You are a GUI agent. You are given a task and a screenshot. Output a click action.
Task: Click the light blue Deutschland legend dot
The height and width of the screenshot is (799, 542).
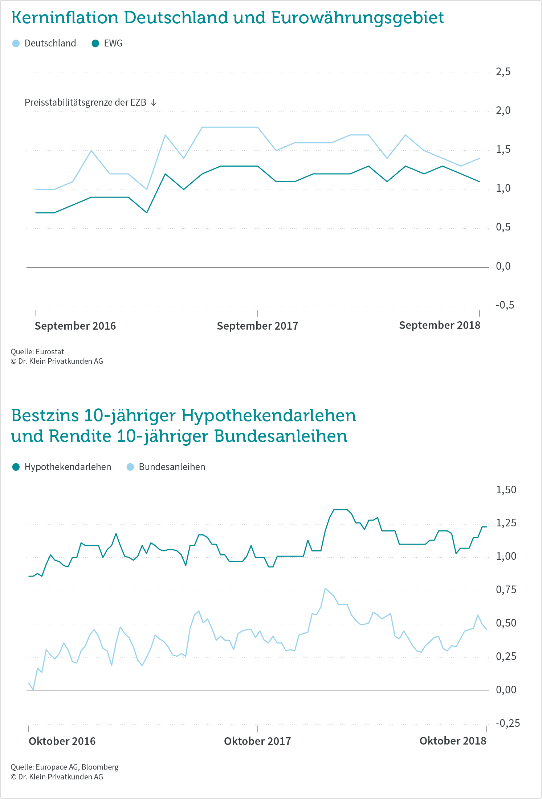(x=16, y=44)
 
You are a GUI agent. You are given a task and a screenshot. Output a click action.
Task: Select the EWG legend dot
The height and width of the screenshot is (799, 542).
(x=95, y=44)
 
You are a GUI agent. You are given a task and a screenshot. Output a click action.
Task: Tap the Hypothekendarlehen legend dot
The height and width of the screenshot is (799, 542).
(x=16, y=467)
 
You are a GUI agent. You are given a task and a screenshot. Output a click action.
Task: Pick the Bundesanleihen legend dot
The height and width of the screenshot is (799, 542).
(x=130, y=467)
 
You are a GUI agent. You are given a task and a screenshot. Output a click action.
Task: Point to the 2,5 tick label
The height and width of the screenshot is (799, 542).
(x=503, y=72)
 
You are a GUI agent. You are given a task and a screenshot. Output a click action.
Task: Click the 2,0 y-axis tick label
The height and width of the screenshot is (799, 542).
(x=503, y=110)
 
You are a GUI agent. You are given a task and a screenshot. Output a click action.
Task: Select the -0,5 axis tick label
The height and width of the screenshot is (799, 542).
(x=505, y=305)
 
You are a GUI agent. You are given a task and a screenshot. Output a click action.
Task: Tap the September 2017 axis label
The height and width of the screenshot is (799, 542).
(x=257, y=326)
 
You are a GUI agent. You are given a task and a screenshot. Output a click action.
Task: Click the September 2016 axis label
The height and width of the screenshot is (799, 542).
(x=75, y=326)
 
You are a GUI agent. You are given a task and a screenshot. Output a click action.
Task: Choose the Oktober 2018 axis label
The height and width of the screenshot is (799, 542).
(x=453, y=741)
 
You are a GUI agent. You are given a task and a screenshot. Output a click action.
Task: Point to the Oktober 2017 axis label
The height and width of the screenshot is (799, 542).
(x=257, y=741)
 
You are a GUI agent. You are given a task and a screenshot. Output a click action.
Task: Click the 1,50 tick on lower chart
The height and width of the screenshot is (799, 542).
(x=506, y=490)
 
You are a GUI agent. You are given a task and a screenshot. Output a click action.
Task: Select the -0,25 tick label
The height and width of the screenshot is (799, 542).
(x=508, y=723)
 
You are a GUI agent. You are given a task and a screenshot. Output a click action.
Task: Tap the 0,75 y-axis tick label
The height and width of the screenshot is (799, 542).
(x=506, y=590)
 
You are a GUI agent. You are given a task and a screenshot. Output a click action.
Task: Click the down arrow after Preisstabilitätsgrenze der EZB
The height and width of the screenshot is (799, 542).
(x=154, y=103)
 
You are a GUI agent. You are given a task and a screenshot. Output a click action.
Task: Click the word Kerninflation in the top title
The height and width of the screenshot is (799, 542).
(x=65, y=18)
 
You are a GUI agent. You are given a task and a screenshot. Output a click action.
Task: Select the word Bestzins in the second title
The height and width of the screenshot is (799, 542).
(x=45, y=415)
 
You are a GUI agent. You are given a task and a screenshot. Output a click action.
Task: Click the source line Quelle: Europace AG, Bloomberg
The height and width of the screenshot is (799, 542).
(x=65, y=767)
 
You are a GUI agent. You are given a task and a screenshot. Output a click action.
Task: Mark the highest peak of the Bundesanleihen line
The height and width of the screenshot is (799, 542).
(x=325, y=588)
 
